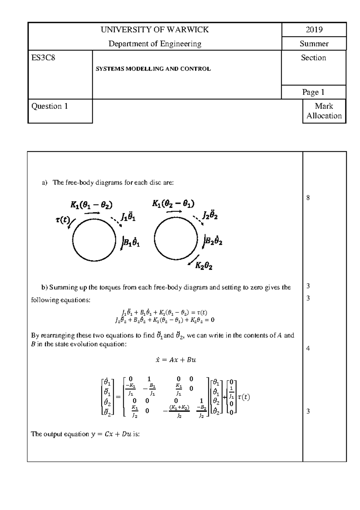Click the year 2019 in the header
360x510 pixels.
[314, 29]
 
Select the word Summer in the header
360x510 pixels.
[314, 44]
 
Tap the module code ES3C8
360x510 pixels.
[43, 58]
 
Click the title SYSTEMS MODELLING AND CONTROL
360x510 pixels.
[153, 69]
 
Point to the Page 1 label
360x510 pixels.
[313, 92]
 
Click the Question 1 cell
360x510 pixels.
[50, 106]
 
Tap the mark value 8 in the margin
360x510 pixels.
[308, 198]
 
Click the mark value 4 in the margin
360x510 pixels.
[308, 349]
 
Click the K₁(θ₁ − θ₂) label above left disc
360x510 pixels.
[91, 205]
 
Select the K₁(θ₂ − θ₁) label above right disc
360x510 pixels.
[173, 204]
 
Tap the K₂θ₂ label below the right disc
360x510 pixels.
[204, 266]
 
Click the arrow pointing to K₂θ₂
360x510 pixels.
[193, 260]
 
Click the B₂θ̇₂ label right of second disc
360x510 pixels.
[213, 241]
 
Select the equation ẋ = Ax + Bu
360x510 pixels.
[176, 360]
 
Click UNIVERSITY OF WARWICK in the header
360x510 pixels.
[154, 29]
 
